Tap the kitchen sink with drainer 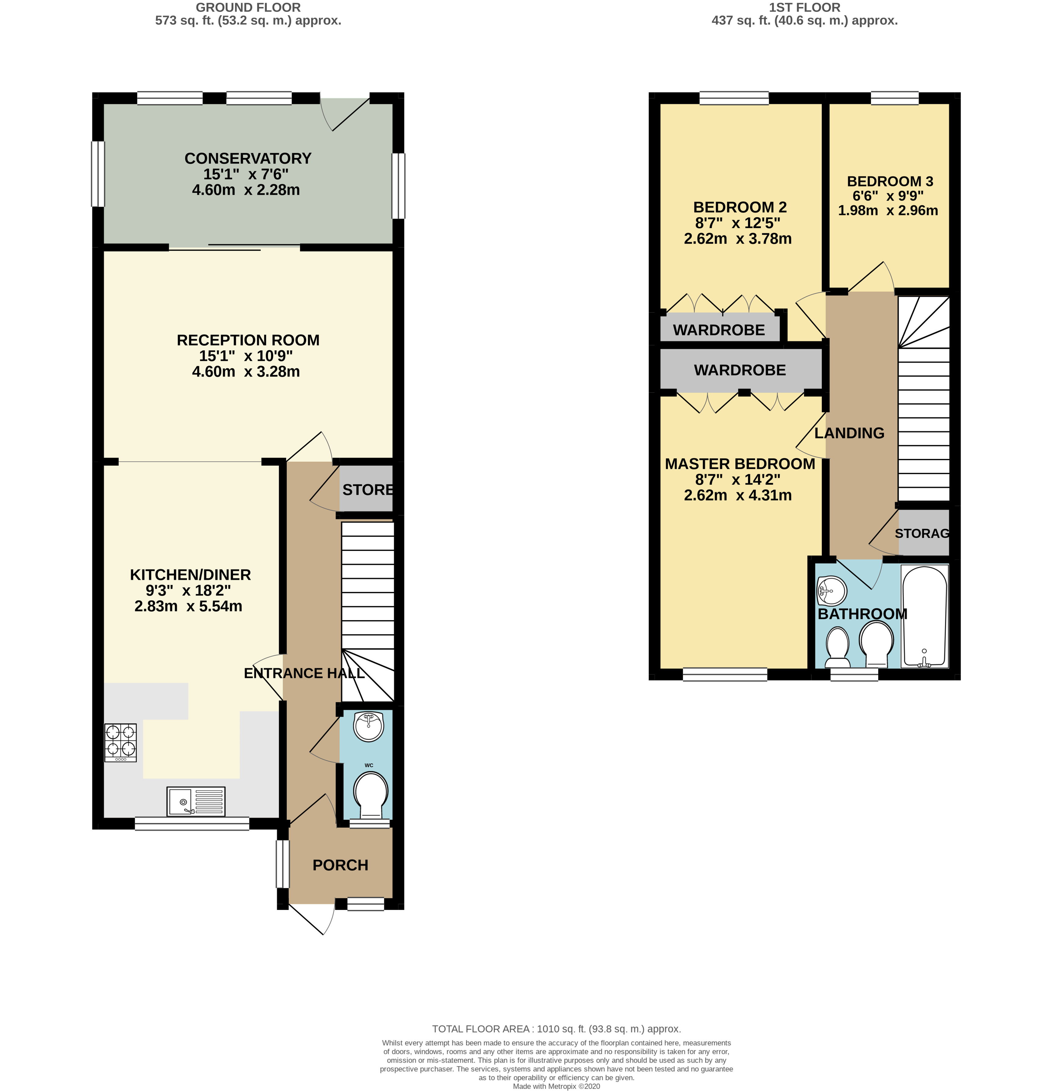[x=196, y=801]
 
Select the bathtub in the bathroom [x=924, y=617]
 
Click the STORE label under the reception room [x=368, y=490]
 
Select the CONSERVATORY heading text [x=248, y=159]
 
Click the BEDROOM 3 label [x=889, y=181]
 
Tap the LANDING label [x=849, y=433]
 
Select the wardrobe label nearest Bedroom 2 [x=718, y=330]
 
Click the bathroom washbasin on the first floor [x=832, y=590]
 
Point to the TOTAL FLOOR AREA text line [x=556, y=1029]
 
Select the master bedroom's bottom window [x=725, y=674]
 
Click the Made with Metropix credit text [x=556, y=1086]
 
